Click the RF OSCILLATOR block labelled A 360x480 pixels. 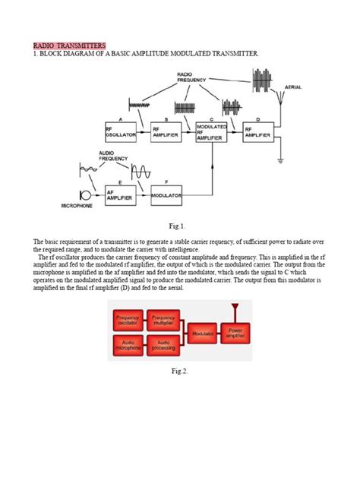point(121,132)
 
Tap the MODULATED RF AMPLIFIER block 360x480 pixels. point(211,131)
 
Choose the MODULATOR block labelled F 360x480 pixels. point(166,195)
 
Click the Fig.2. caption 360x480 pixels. point(179,371)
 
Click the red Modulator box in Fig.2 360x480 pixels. point(201,333)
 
